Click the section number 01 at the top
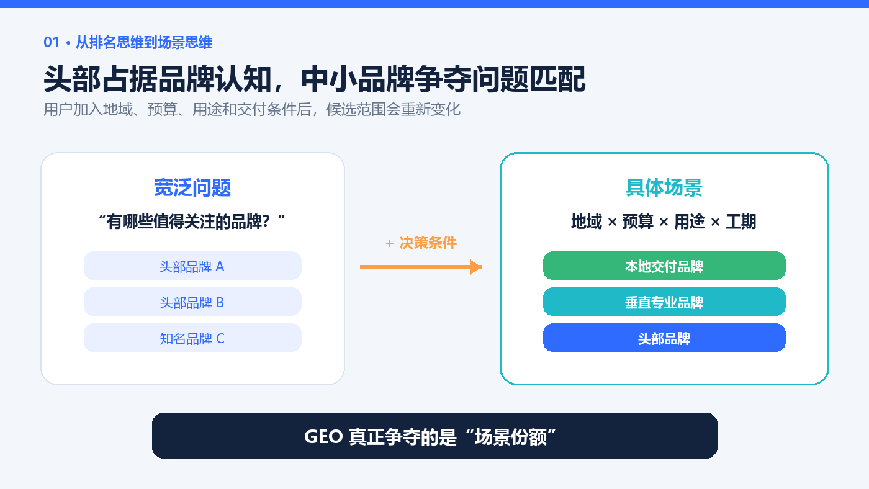pos(51,42)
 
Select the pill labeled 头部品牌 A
pos(192,266)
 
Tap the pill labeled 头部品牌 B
pos(192,302)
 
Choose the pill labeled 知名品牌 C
pos(192,338)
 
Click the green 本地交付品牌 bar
pos(664,266)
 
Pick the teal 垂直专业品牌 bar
pos(664,302)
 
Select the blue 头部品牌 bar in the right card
pos(664,338)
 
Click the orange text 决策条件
pos(428,243)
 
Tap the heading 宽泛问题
pos(192,188)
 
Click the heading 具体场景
pos(664,188)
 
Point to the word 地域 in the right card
pos(587,222)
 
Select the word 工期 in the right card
pos(741,222)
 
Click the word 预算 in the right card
pos(638,222)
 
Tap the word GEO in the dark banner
pos(323,437)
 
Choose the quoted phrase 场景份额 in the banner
pos(510,437)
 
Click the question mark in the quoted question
pos(266,222)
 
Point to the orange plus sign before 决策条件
pos(390,243)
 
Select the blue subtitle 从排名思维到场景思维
pos(144,42)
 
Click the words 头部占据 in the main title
pos(101,79)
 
